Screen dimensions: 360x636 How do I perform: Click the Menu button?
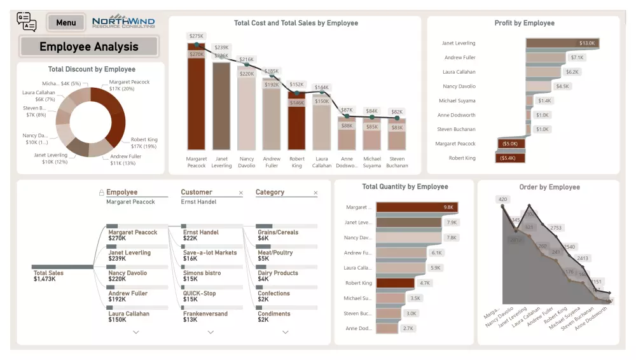point(66,23)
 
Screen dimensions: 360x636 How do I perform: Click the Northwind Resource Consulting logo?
point(123,22)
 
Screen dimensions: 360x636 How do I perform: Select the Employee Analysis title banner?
point(88,46)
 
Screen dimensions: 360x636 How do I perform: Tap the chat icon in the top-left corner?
point(27,22)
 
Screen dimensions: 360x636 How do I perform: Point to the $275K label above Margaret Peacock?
point(197,36)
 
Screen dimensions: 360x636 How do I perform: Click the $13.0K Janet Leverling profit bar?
point(562,43)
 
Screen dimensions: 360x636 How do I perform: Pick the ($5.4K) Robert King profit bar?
point(510,158)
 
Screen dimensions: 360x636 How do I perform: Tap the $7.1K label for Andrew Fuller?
point(577,57)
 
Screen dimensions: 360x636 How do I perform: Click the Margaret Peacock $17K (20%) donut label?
point(129,85)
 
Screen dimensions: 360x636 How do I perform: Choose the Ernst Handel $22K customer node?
point(200,235)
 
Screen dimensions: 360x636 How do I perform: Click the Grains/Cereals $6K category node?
point(278,235)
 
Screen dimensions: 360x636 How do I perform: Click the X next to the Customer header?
point(240,193)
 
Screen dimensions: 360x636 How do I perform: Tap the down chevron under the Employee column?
point(135,332)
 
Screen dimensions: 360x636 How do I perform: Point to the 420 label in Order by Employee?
point(503,200)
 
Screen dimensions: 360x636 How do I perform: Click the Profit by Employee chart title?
point(524,23)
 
